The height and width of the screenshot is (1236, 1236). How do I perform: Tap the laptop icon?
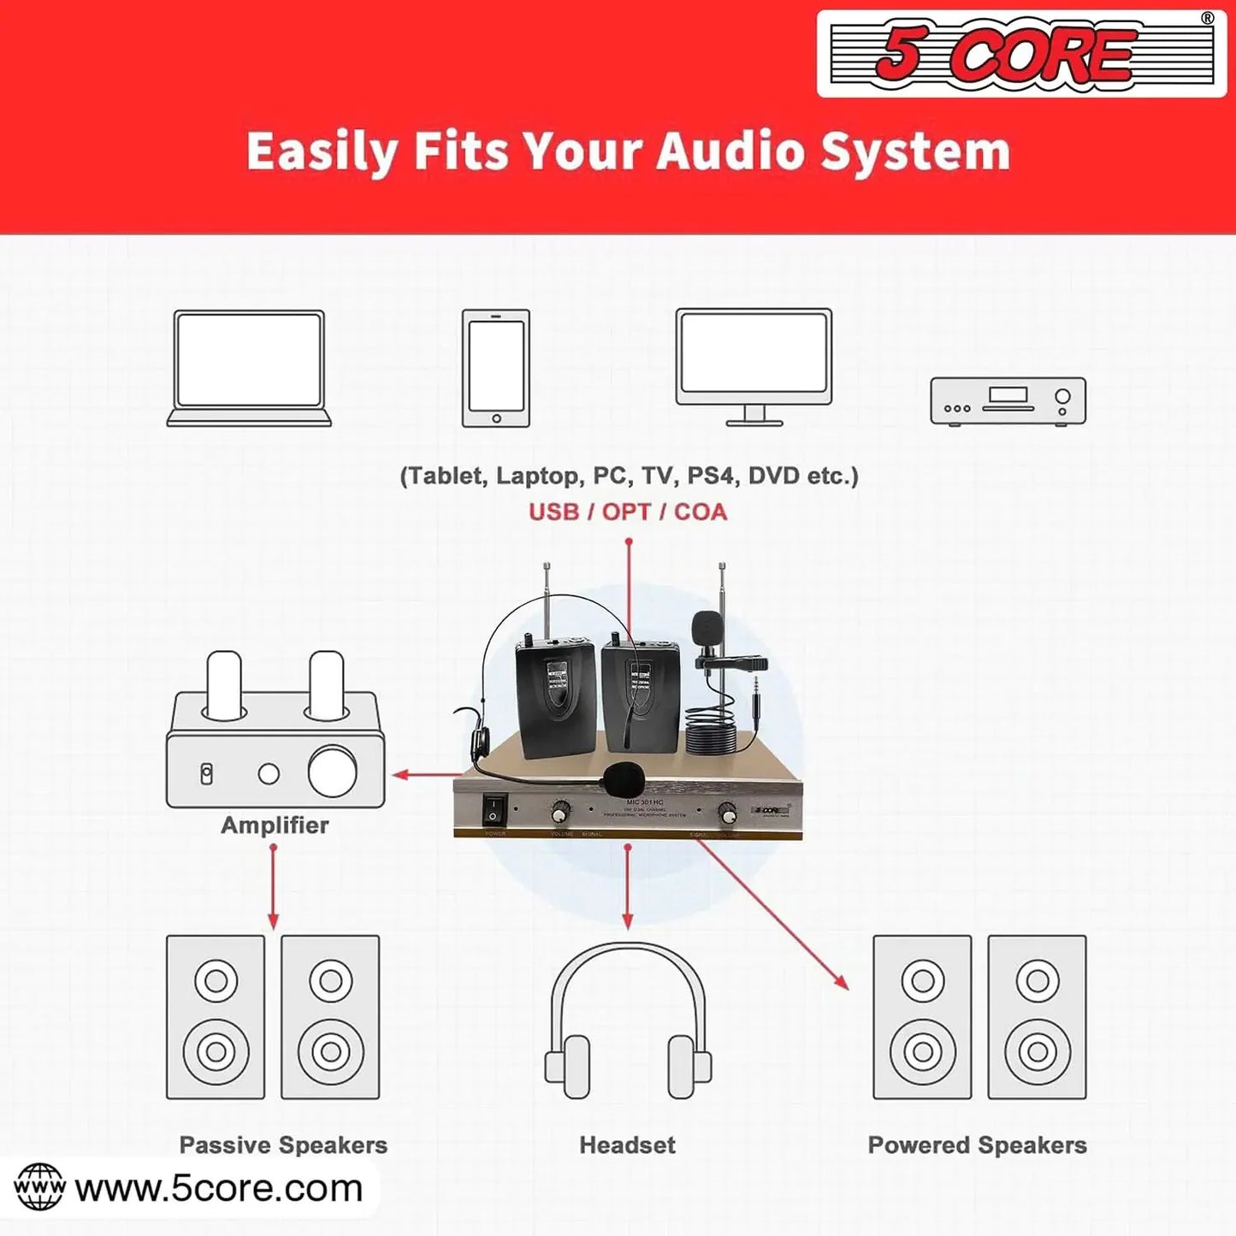pos(249,368)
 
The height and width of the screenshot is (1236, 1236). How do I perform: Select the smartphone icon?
pos(496,368)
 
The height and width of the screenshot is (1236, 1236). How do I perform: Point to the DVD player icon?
pos(1008,400)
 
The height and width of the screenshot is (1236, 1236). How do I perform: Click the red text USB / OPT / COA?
pos(628,512)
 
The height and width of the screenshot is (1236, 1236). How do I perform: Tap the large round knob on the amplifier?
pos(333,772)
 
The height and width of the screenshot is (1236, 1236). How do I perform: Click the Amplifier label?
pos(275,825)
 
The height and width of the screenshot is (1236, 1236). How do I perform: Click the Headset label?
pos(627,1144)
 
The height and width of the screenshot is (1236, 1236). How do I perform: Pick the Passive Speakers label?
pos(283,1144)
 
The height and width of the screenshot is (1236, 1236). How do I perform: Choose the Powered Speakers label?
pos(977,1144)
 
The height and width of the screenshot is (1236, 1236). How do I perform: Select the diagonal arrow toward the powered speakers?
pos(774,915)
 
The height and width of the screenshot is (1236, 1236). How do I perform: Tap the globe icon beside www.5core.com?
pos(39,1187)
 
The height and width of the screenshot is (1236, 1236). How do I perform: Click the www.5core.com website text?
pos(219,1188)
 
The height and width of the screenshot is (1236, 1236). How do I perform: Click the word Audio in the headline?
pos(731,151)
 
